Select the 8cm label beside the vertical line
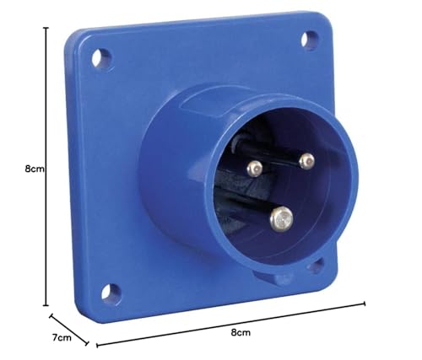[35, 169]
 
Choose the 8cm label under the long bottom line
[241, 335]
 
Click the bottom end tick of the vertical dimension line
[46, 306]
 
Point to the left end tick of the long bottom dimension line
[97, 344]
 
